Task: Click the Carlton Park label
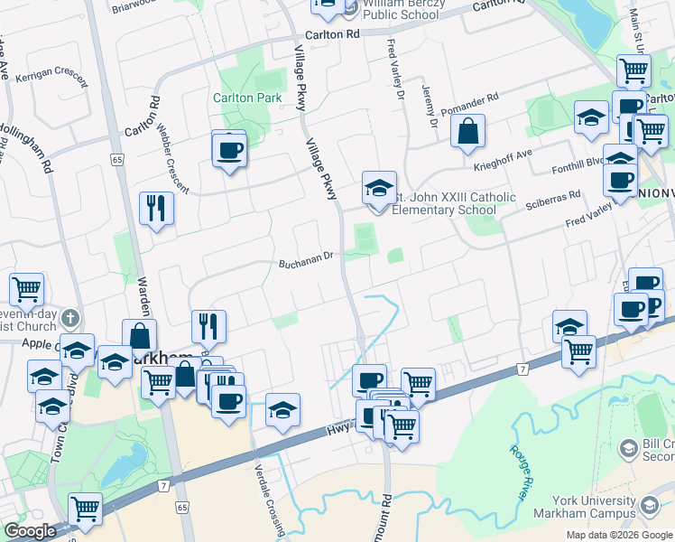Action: (x=247, y=98)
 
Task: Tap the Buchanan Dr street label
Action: (x=306, y=256)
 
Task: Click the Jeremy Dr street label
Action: (x=429, y=106)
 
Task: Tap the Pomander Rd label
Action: (x=468, y=100)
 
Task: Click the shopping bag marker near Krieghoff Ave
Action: (x=468, y=132)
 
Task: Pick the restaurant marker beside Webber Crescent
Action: (x=157, y=209)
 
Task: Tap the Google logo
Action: (x=30, y=531)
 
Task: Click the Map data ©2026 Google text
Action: (x=618, y=535)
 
